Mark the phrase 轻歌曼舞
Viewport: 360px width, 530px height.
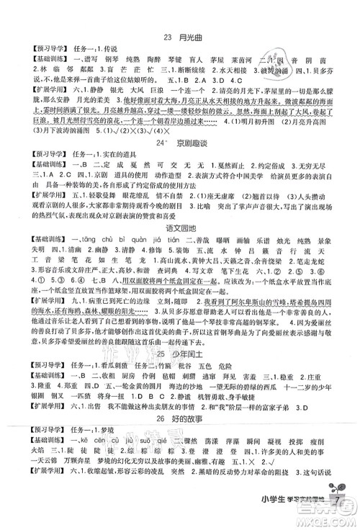[x=108, y=215]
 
